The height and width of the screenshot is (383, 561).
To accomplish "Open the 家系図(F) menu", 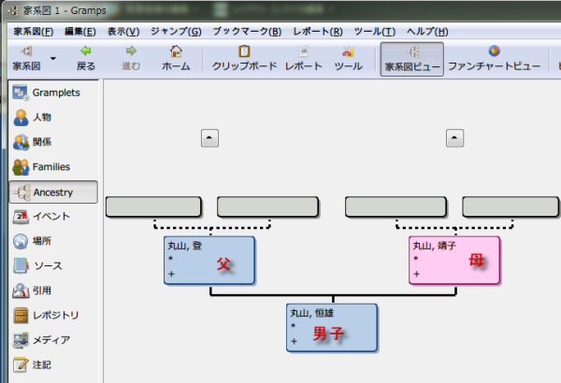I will tap(33, 32).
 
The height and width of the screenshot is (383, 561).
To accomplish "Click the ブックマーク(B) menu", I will tap(247, 32).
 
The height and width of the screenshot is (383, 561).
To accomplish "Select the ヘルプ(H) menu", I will tap(427, 32).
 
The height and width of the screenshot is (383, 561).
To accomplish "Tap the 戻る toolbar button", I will tap(86, 58).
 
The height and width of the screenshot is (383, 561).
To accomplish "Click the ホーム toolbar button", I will tap(176, 58).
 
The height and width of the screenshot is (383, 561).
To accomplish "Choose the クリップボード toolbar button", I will tap(244, 58).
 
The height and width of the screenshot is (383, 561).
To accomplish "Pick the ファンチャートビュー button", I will tap(494, 58).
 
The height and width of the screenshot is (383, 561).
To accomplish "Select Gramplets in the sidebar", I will tap(54, 93).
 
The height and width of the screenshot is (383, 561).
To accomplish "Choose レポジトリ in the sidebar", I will tap(54, 315).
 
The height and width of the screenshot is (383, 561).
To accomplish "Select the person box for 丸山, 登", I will tap(209, 260).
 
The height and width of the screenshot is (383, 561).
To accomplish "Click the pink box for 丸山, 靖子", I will tap(454, 260).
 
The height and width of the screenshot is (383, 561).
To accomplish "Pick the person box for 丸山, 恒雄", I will tap(332, 327).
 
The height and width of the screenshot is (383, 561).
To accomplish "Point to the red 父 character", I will tap(223, 264).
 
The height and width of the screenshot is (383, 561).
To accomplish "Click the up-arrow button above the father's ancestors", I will tap(209, 138).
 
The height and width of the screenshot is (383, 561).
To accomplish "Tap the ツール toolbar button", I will tap(348, 58).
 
